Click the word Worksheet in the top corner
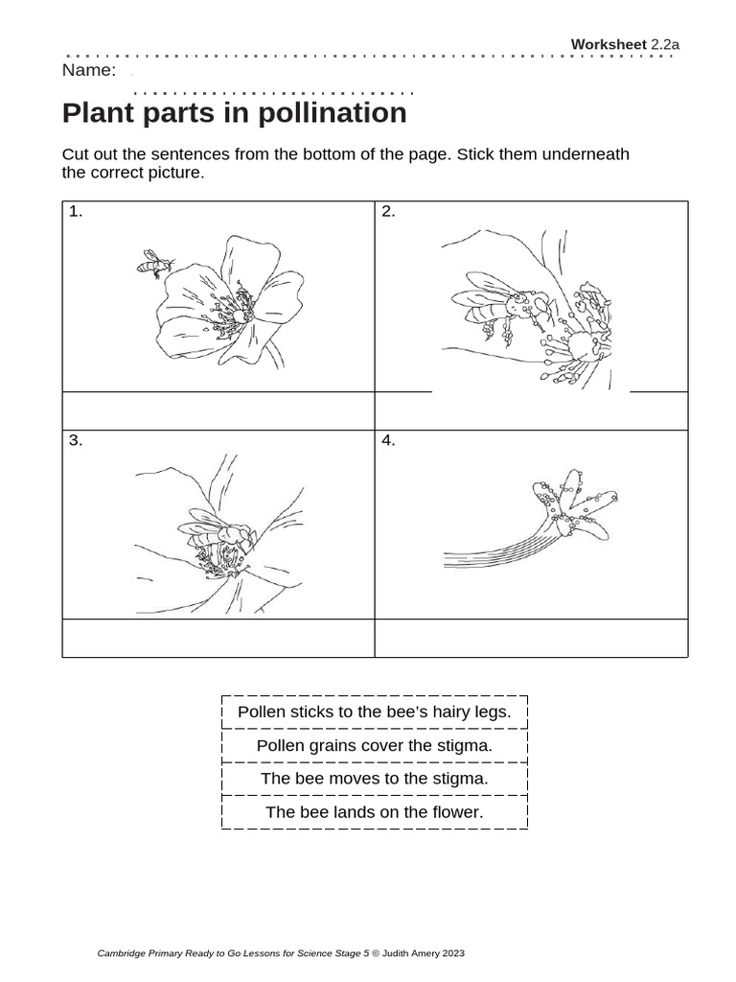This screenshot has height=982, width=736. tap(609, 44)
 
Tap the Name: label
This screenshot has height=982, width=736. tap(88, 70)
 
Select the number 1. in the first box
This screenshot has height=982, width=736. tap(76, 212)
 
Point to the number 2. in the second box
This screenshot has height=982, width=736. tap(388, 212)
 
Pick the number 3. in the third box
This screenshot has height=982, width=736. tap(76, 441)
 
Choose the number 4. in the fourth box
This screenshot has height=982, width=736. tap(388, 441)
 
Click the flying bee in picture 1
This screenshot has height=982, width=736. tap(154, 263)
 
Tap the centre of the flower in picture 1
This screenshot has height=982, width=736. tap(235, 315)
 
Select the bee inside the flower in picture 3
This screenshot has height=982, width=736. tap(218, 537)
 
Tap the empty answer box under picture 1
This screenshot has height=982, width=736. tap(218, 410)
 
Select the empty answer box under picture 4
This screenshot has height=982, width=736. tap(531, 638)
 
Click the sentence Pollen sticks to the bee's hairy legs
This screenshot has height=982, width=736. tap(374, 712)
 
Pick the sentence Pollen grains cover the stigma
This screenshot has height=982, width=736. tap(374, 745)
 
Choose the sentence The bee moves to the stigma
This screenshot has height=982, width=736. tap(374, 778)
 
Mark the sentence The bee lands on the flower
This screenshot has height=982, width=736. tap(374, 812)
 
